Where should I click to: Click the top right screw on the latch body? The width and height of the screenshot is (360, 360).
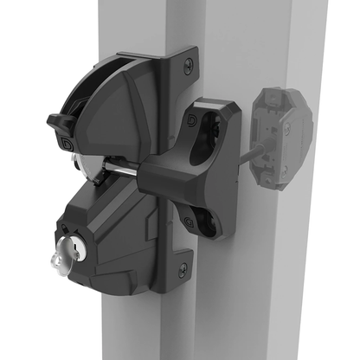click(187, 63)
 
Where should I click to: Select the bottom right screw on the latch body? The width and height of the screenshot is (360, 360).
click(183, 269)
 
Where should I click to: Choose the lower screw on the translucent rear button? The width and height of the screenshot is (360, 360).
click(286, 127)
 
